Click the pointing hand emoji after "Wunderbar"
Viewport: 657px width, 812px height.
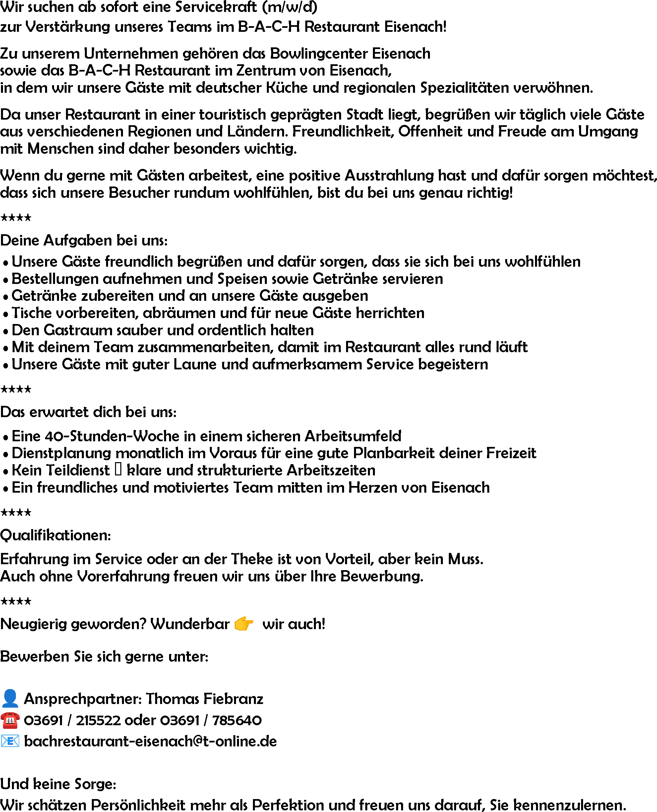point(244,623)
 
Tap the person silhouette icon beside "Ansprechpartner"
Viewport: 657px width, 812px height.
point(10,698)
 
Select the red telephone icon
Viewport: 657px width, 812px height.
point(10,720)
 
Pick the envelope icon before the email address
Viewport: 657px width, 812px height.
point(10,741)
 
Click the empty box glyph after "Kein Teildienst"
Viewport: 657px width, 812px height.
point(118,469)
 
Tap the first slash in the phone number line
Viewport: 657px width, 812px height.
point(69,720)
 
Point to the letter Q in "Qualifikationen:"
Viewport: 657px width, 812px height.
point(6,535)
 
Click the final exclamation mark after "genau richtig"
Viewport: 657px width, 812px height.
point(510,192)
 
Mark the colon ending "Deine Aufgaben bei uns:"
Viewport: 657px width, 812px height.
point(165,241)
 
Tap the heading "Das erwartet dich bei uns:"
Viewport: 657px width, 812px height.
point(89,412)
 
